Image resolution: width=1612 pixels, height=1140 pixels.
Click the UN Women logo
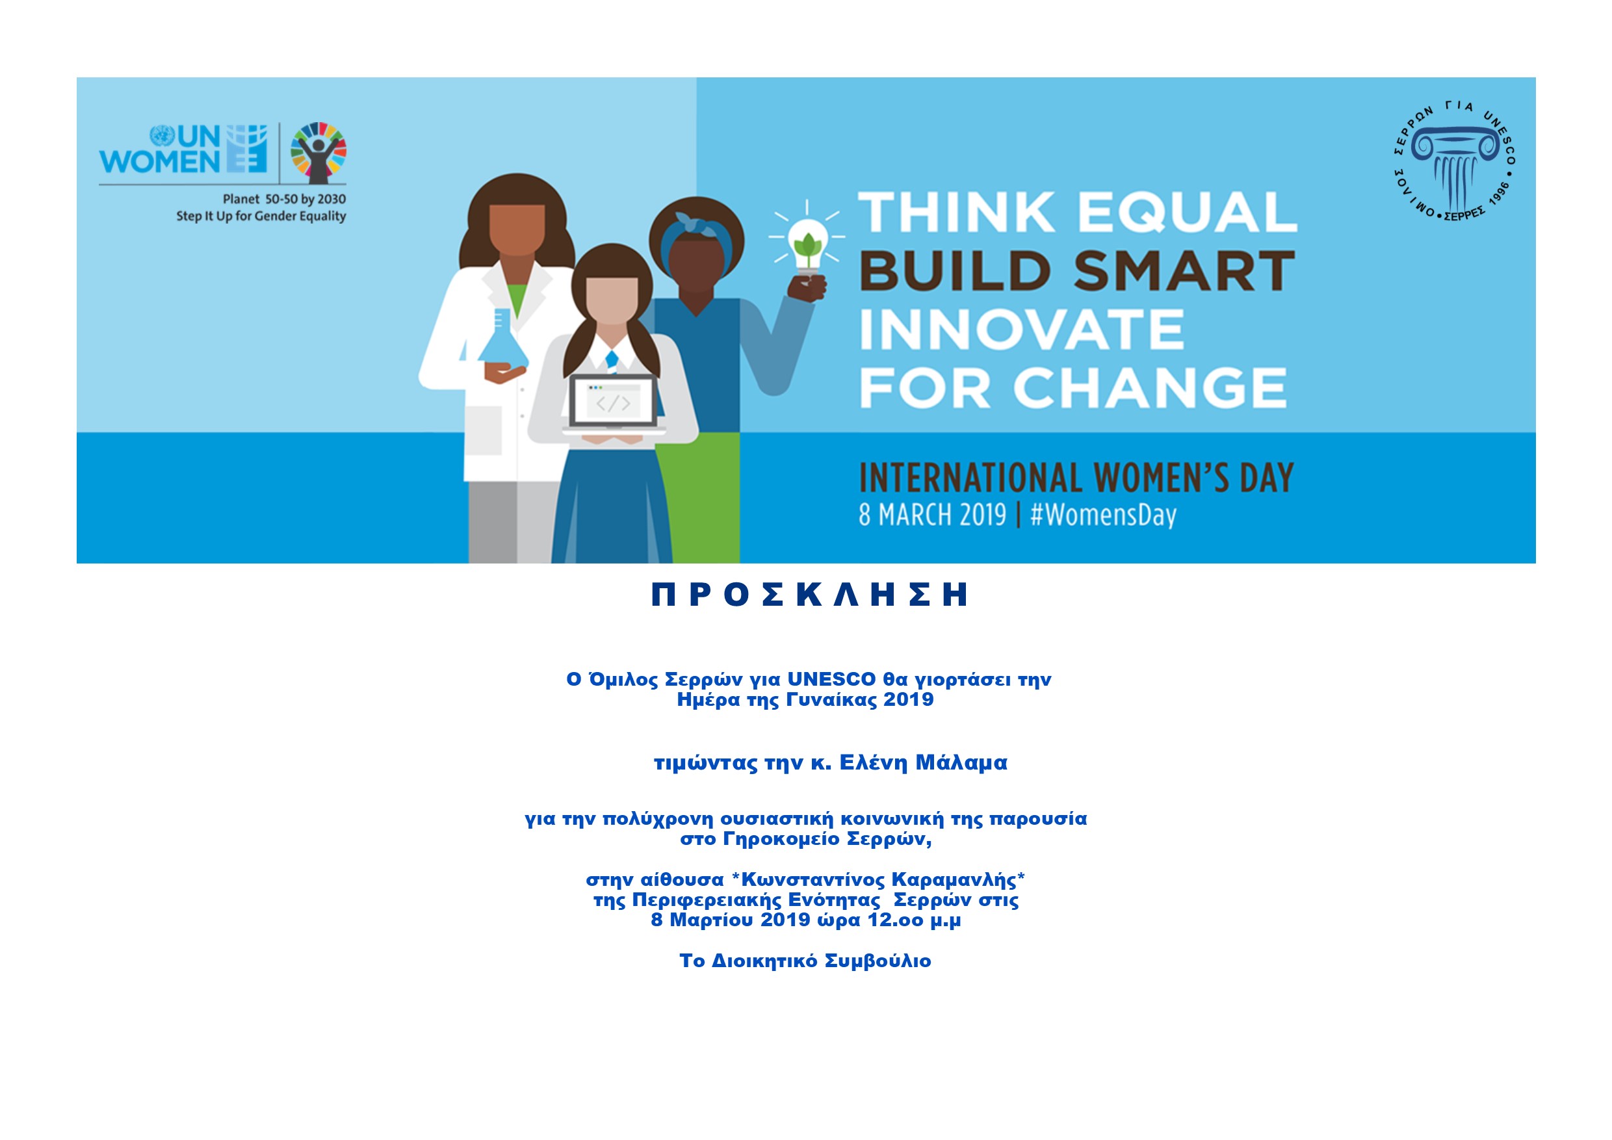tap(183, 149)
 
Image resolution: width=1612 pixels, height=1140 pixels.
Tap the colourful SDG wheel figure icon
tap(318, 152)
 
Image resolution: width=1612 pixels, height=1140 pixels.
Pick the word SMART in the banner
tap(1184, 271)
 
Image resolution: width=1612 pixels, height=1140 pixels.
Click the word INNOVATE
tap(1022, 330)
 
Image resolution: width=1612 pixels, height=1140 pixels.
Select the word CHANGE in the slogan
tap(1149, 387)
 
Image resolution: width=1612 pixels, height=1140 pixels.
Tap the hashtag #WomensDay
tap(1103, 515)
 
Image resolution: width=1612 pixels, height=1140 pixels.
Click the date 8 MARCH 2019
tap(932, 515)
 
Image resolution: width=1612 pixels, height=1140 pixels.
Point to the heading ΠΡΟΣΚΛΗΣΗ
tap(810, 595)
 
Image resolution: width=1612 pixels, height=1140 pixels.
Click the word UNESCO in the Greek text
tap(831, 679)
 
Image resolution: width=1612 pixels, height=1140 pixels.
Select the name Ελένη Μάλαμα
tap(923, 762)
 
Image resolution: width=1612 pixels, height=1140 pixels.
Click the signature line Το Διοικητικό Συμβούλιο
tap(805, 961)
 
